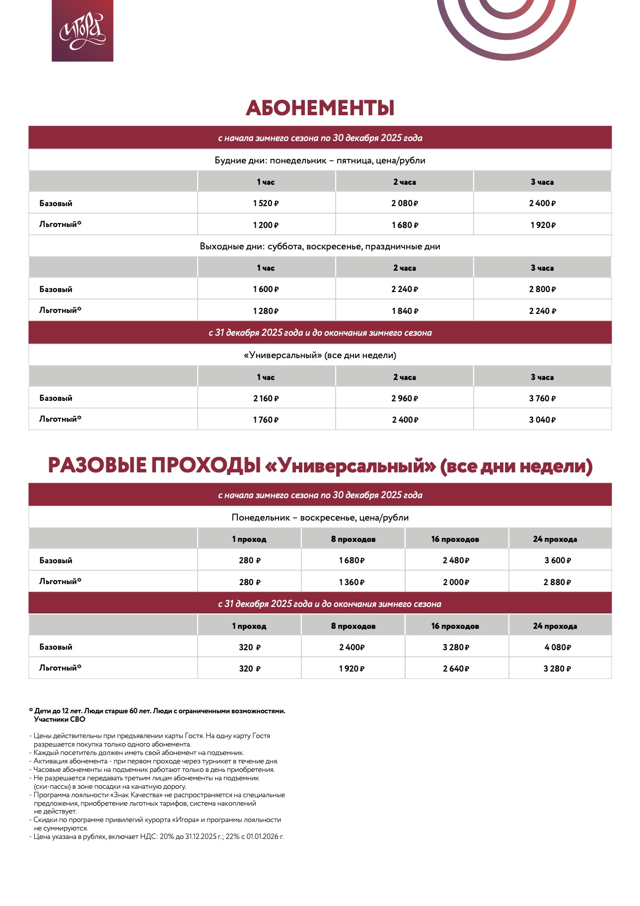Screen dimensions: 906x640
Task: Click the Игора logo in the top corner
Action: (x=82, y=31)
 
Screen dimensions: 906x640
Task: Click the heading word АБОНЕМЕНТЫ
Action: (x=320, y=108)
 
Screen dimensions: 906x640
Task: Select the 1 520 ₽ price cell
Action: (x=266, y=203)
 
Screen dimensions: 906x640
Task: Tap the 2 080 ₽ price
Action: (x=405, y=203)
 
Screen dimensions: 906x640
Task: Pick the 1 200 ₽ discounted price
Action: (x=266, y=225)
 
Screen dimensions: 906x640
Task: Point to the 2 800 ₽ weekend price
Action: (x=542, y=289)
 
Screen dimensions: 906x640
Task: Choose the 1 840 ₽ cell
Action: (x=405, y=311)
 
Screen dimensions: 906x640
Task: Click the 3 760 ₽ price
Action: (x=542, y=398)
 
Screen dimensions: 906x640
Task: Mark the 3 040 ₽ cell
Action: (x=542, y=420)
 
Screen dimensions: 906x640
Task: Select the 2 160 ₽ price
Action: (x=266, y=398)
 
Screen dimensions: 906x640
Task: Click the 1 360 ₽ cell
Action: (x=352, y=582)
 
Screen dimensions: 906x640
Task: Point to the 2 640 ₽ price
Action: (x=456, y=669)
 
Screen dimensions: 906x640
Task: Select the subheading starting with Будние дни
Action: (x=320, y=160)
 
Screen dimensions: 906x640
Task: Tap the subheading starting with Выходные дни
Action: (x=320, y=246)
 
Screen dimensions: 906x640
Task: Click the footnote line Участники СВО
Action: (x=60, y=719)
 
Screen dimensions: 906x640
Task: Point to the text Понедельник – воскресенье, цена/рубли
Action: (x=320, y=518)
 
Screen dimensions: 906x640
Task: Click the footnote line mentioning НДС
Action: (x=158, y=836)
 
